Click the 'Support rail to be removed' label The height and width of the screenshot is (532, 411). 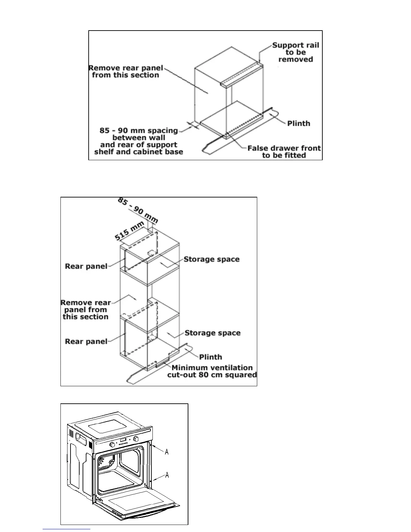click(295, 52)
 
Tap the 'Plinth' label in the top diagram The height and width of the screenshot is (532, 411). click(299, 124)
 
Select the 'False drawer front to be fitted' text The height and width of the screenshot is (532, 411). click(284, 151)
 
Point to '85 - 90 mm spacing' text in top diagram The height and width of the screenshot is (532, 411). click(139, 130)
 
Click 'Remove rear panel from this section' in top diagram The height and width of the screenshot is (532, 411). click(126, 72)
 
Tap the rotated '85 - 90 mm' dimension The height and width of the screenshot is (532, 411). click(137, 211)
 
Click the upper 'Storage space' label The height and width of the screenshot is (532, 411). click(212, 259)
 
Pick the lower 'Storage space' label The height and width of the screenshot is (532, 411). click(213, 333)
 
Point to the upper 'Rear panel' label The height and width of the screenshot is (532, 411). click(86, 266)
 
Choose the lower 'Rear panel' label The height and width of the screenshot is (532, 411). click(86, 342)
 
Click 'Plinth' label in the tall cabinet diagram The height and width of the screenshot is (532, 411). click(211, 357)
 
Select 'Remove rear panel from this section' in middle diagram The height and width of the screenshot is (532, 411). click(86, 310)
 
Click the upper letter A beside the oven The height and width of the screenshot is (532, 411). click(167, 452)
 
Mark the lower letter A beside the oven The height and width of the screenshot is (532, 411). click(167, 475)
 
